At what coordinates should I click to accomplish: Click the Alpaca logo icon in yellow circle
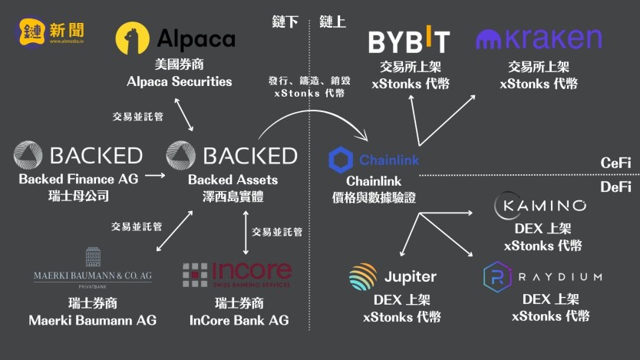tap(133, 38)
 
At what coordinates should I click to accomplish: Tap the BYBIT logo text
tap(408, 41)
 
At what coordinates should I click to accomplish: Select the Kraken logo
tap(538, 39)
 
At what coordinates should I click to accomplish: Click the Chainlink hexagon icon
tap(341, 160)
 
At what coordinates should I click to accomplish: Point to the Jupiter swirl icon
tap(362, 277)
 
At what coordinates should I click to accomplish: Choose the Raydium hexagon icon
tap(497, 276)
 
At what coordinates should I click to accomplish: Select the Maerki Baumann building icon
tap(92, 256)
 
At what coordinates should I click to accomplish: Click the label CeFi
tap(615, 163)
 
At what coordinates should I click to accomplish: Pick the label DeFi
tap(615, 187)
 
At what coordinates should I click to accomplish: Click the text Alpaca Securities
tap(180, 81)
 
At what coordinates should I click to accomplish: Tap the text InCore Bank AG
tap(239, 320)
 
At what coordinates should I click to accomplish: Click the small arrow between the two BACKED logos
tap(155, 176)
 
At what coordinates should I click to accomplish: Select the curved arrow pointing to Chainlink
tap(307, 115)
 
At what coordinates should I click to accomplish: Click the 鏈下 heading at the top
tap(285, 21)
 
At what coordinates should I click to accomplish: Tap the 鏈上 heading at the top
tap(332, 21)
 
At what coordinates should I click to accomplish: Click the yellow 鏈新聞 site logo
tap(53, 31)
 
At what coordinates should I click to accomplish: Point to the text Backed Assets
tap(233, 180)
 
